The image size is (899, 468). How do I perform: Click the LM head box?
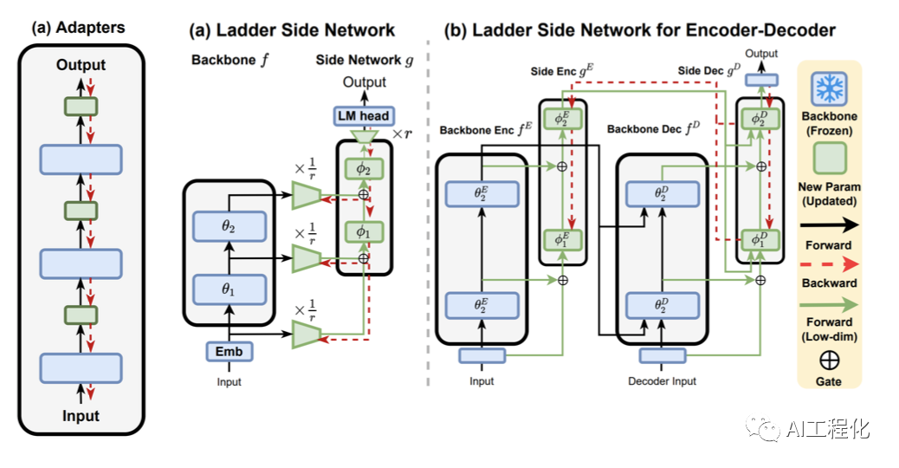(364, 116)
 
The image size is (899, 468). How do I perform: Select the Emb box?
(229, 352)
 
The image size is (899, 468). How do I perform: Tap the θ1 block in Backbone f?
(230, 289)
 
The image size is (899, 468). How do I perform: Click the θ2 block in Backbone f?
(230, 226)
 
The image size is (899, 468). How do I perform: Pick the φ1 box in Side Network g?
(364, 232)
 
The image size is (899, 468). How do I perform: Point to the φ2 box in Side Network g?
(364, 169)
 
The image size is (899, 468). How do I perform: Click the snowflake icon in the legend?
(829, 89)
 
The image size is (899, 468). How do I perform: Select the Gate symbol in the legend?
(829, 361)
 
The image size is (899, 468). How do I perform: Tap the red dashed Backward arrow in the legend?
(829, 263)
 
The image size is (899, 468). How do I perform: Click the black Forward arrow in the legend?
(829, 224)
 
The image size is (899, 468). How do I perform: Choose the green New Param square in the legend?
(829, 158)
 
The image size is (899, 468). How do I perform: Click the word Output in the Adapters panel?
(81, 65)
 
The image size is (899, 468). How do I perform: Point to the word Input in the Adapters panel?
(81, 416)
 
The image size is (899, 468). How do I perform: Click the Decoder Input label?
(663, 381)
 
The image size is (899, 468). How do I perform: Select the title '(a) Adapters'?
(78, 28)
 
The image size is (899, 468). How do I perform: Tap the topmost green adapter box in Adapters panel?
(81, 106)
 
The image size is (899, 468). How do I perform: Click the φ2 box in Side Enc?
(562, 119)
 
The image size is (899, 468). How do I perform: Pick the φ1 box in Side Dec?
(760, 240)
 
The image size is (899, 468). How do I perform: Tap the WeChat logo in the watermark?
(762, 428)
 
